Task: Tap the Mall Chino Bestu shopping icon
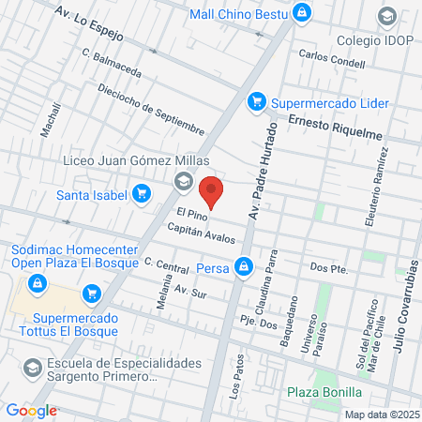click(301, 13)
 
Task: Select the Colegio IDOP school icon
click(386, 16)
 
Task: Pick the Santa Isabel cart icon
click(142, 194)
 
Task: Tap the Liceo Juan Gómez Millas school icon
click(183, 180)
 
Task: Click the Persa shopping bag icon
click(244, 267)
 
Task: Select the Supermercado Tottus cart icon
click(91, 294)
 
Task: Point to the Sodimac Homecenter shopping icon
click(35, 281)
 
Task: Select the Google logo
click(31, 410)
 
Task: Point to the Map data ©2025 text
click(381, 414)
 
